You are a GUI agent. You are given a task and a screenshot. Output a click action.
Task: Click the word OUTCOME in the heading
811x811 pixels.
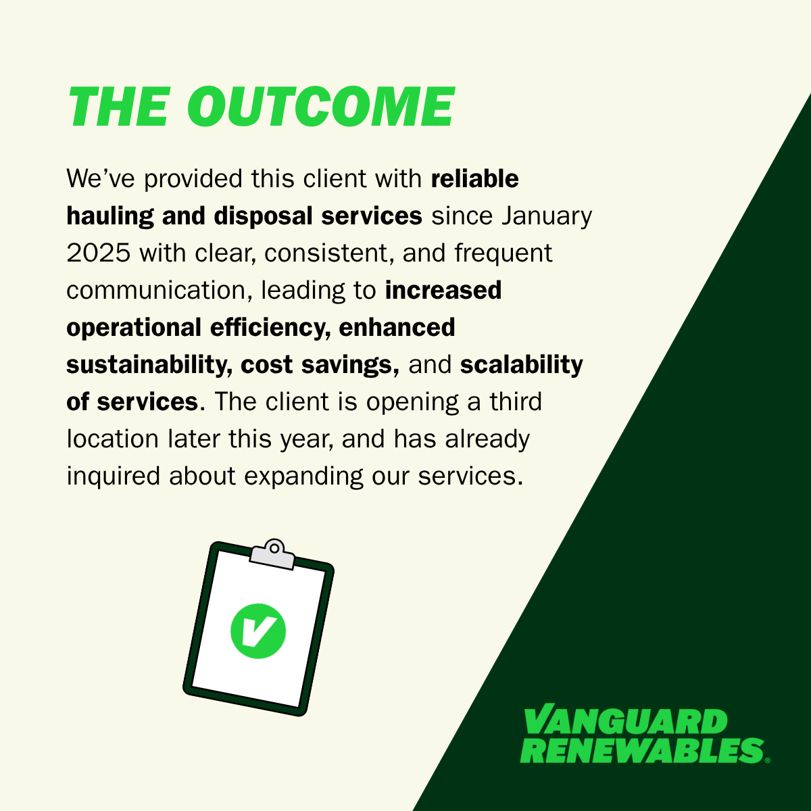[321, 107]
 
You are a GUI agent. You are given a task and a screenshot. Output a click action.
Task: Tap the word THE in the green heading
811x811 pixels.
[120, 107]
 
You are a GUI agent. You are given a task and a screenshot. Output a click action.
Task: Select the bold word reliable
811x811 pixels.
[474, 178]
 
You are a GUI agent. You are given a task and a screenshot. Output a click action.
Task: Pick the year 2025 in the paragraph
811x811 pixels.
[99, 253]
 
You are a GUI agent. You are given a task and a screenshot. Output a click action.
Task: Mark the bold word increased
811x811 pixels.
[443, 290]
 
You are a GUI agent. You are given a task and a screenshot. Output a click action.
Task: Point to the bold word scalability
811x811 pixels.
[522, 364]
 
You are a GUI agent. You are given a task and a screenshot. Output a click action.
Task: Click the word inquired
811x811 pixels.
[114, 476]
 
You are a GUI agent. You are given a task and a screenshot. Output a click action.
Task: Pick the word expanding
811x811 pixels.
[303, 476]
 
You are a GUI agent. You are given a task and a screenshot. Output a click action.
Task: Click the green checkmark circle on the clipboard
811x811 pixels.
[258, 631]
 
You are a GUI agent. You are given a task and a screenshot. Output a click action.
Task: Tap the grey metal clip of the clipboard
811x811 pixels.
[272, 555]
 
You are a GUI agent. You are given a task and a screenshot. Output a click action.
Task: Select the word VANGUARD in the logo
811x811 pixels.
[626, 721]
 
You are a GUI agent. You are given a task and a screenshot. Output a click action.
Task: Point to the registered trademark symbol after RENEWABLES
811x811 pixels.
[767, 760]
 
